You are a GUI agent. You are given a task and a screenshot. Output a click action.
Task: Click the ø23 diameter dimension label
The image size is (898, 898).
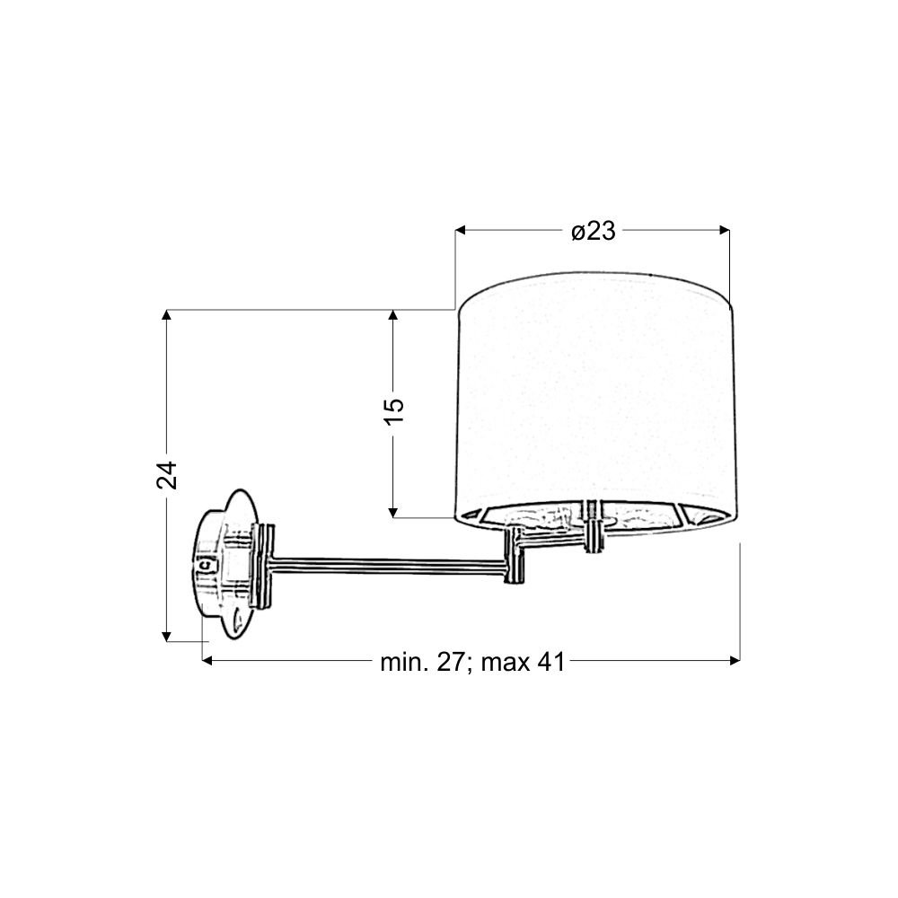[x=594, y=231]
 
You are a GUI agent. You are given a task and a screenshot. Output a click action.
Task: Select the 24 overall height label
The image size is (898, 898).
[x=167, y=475]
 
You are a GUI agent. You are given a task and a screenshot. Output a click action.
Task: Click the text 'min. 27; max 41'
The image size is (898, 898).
[x=472, y=662]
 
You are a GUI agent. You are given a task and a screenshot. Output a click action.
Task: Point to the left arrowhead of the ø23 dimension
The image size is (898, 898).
[x=459, y=230]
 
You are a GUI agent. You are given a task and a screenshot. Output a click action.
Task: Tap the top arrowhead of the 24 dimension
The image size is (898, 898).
[x=167, y=314]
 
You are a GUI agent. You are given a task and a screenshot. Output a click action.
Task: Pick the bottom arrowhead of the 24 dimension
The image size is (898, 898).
[x=167, y=637]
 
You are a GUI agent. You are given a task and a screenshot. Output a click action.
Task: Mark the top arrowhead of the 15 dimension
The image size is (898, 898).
[x=393, y=314]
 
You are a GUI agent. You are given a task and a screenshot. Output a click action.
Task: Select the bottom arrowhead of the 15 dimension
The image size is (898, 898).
[x=393, y=513]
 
